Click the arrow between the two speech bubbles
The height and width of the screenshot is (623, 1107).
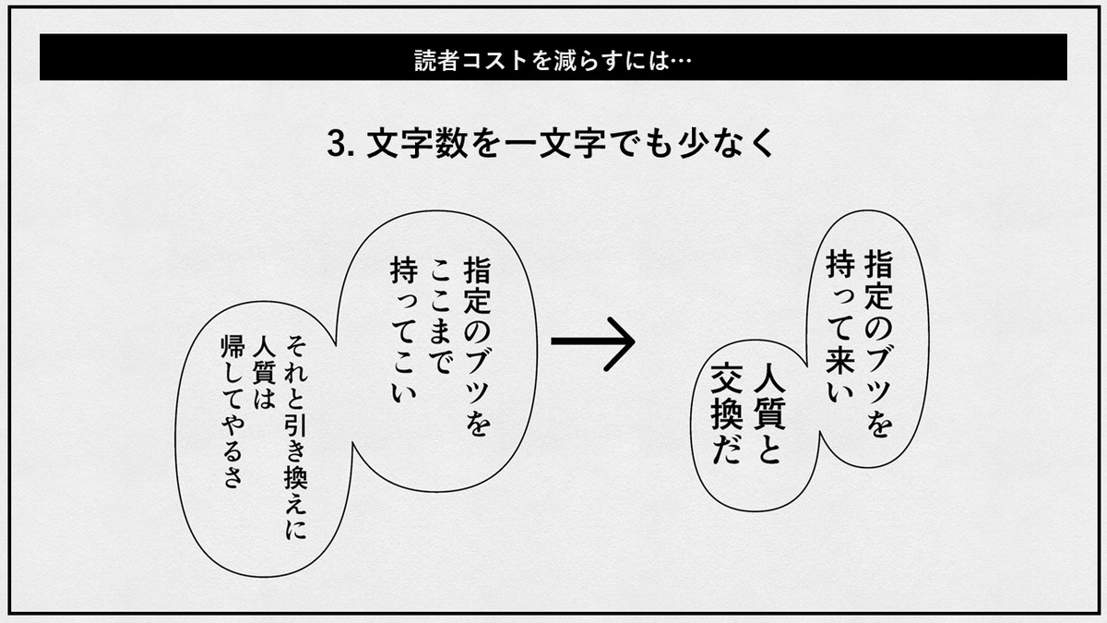tap(593, 341)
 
